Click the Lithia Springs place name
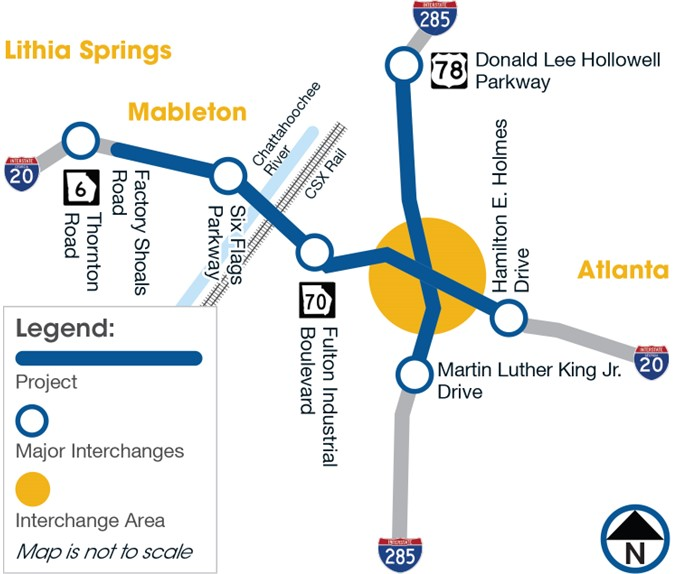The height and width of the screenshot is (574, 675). pyautogui.click(x=89, y=49)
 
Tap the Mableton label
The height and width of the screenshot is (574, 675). pyautogui.click(x=187, y=112)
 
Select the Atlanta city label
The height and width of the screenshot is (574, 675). pyautogui.click(x=622, y=270)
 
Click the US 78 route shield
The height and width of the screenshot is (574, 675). pyautogui.click(x=447, y=70)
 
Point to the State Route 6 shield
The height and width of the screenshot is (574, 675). pyautogui.click(x=80, y=185)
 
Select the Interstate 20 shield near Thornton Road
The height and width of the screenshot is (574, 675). pyautogui.click(x=21, y=173)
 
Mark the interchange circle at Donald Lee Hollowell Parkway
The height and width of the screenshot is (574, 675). pyautogui.click(x=403, y=67)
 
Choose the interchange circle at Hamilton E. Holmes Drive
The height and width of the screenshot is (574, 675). pyautogui.click(x=509, y=319)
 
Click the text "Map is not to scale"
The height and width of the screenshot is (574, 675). pyautogui.click(x=104, y=551)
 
